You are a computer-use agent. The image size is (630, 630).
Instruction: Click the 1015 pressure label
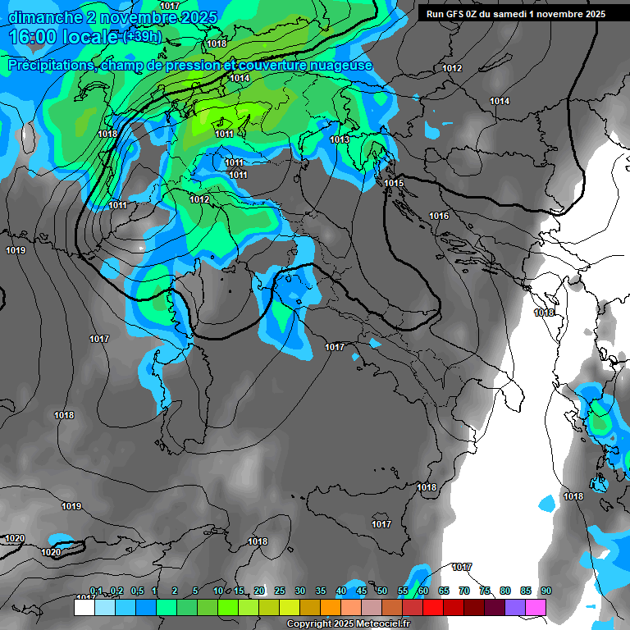coord(394,183)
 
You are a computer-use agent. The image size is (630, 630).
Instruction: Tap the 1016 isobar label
coord(439,216)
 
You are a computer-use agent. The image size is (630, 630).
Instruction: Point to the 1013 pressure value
coord(340,140)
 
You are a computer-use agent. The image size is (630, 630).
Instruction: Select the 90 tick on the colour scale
coord(546,591)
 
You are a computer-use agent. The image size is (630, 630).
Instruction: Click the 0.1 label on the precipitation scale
coord(96,591)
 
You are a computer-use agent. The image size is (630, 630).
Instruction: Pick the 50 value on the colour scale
coord(382,591)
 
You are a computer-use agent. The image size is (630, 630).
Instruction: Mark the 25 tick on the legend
coord(280,591)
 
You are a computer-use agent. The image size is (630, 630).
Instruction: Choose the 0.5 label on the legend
coord(136,591)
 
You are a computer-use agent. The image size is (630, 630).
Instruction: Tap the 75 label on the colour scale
coord(484,591)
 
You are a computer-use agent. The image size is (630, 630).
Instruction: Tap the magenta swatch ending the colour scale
coord(536,607)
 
